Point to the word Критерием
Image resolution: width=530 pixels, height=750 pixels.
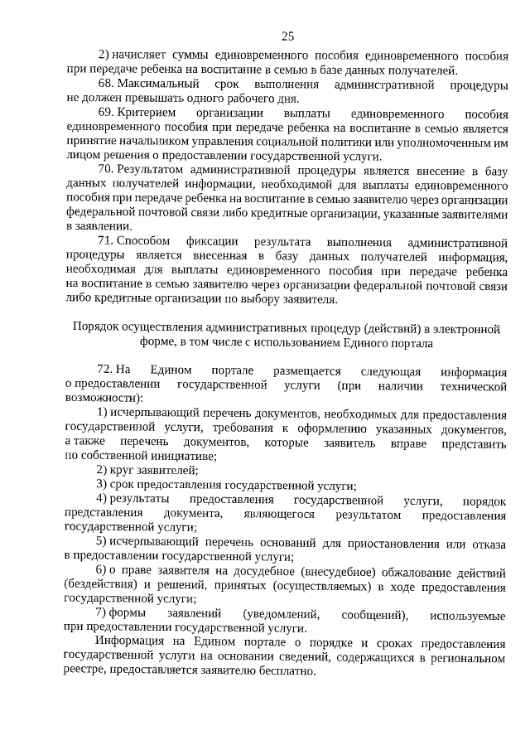pos(151,113)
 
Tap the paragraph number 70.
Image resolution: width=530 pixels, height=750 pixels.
pos(105,170)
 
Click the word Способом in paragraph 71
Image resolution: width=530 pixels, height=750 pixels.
pos(143,241)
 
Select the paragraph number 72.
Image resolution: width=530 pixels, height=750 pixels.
pos(105,370)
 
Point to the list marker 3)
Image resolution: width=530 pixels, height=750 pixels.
pos(103,483)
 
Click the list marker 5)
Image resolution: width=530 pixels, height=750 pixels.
pos(103,543)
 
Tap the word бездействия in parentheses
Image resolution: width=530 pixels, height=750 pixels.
pos(98,586)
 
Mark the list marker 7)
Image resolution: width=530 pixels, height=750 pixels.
pos(103,614)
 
